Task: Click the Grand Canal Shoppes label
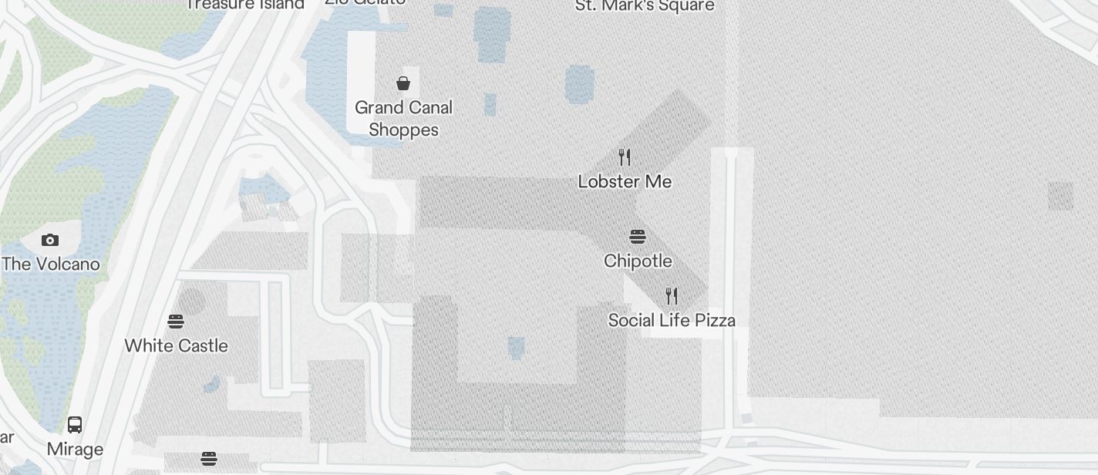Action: click(x=403, y=118)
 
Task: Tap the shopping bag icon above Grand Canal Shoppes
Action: click(x=403, y=83)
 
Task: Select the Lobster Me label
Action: click(x=625, y=181)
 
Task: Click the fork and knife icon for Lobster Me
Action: click(x=625, y=157)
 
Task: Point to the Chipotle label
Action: click(x=638, y=261)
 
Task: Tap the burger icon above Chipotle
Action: click(x=638, y=236)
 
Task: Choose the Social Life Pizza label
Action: click(x=672, y=320)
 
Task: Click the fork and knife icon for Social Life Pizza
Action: click(x=672, y=295)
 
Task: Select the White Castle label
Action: click(x=176, y=345)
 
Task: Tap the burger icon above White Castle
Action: click(x=176, y=321)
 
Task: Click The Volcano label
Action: click(x=51, y=264)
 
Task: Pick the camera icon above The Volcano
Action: click(x=50, y=240)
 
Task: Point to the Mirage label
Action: click(x=75, y=449)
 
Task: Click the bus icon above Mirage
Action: click(x=75, y=424)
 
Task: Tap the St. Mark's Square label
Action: click(x=645, y=6)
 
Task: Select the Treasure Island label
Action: click(x=245, y=5)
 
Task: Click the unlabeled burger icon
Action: click(x=208, y=459)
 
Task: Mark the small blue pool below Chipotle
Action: click(x=516, y=348)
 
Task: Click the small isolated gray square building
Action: click(x=1060, y=196)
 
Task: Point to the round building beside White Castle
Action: click(x=193, y=302)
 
